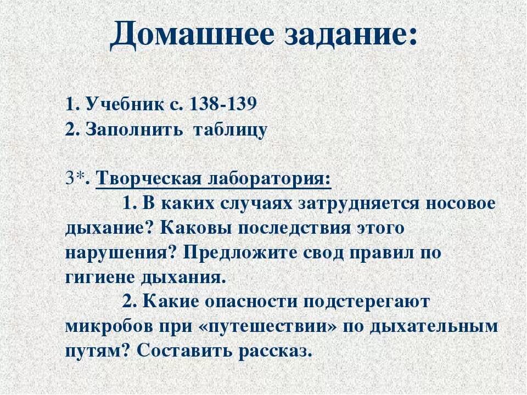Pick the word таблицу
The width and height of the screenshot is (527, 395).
[234, 130]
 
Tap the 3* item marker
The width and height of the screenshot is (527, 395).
[77, 178]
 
